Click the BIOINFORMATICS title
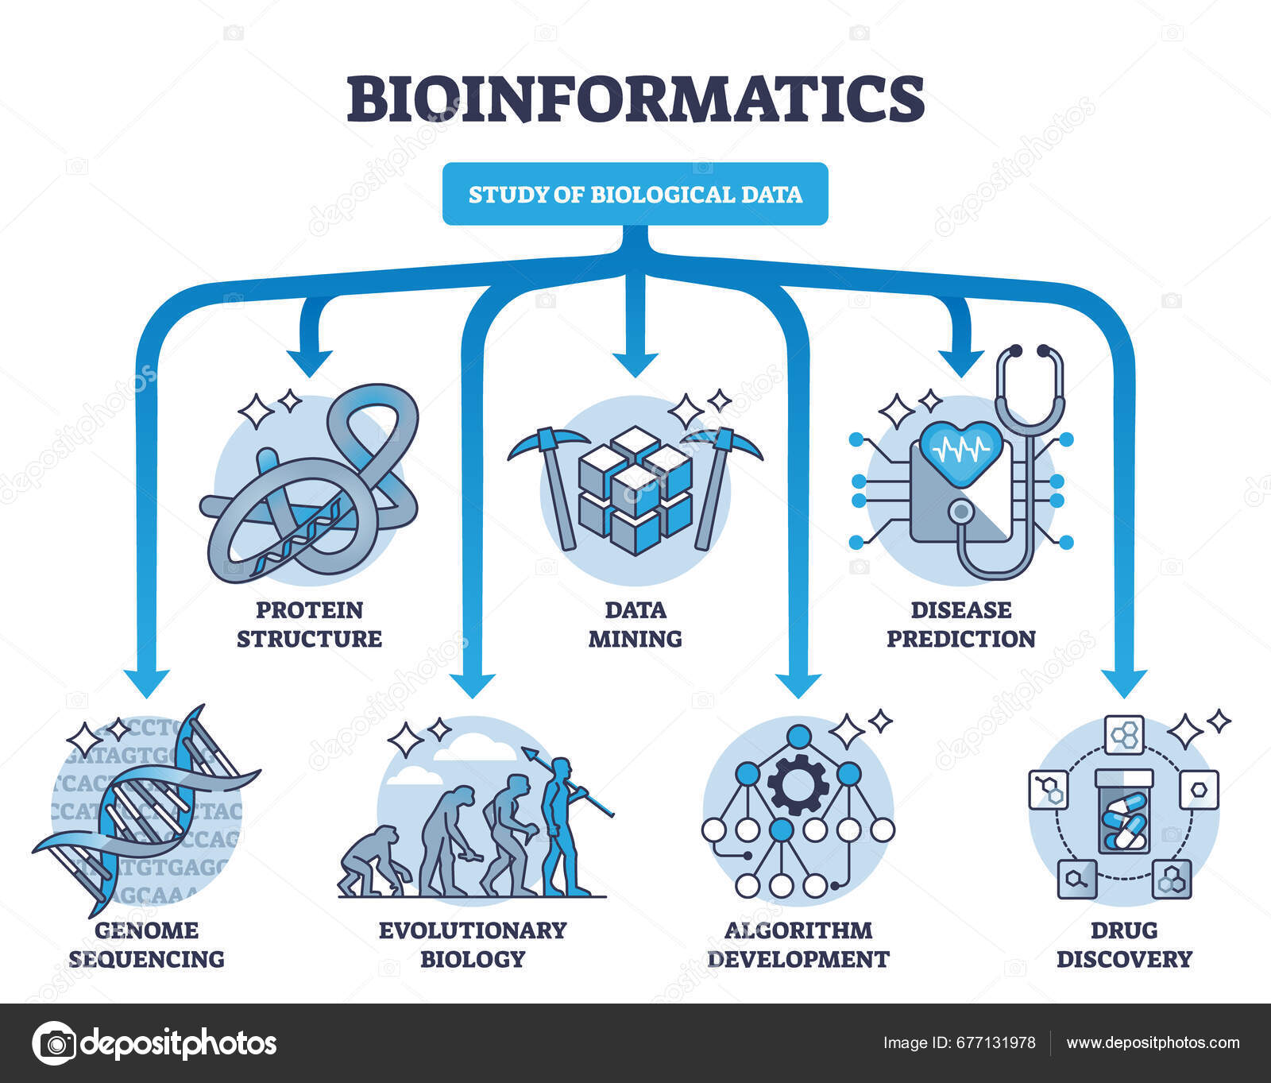pyautogui.click(x=635, y=99)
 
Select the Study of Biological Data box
pyautogui.click(x=635, y=195)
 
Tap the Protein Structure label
pyautogui.click(x=309, y=625)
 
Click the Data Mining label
pyautogui.click(x=635, y=625)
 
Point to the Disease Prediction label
pyautogui.click(x=960, y=625)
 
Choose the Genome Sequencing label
pyautogui.click(x=146, y=945)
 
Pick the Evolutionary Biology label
pyautogui.click(x=472, y=945)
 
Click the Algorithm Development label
pyautogui.click(x=798, y=945)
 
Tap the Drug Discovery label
pyautogui.click(x=1123, y=945)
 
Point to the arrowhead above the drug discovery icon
pyautogui.click(x=1123, y=682)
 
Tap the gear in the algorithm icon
pyautogui.click(x=798, y=785)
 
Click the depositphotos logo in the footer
pyautogui.click(x=156, y=1043)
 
